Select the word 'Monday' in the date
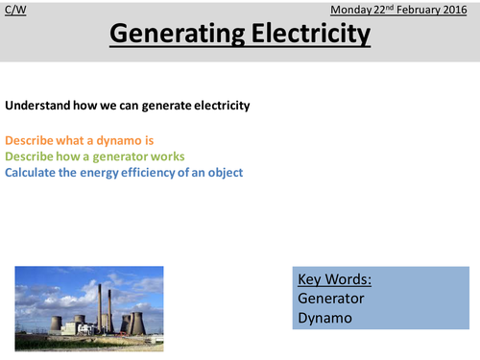tap(351, 9)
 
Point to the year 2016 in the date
tap(457, 9)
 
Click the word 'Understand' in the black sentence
tap(37, 106)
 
